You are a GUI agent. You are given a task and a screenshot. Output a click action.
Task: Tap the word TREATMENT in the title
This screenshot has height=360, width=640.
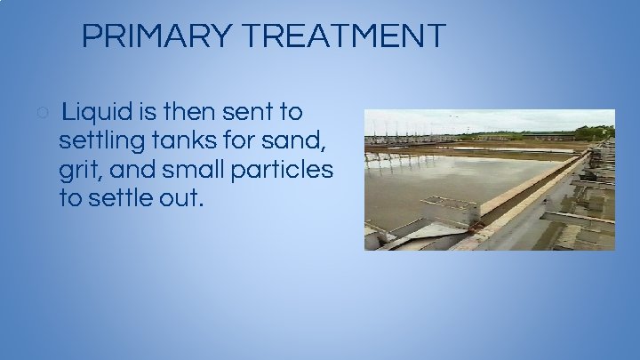pos(343,36)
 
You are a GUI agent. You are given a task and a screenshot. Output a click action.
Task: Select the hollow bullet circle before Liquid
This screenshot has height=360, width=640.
pos(43,113)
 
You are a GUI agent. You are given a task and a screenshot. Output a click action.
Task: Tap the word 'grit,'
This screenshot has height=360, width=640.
pos(80,170)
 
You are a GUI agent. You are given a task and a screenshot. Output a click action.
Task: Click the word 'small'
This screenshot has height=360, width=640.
pos(192,169)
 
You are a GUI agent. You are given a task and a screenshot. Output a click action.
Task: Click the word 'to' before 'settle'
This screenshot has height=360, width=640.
pos(71,197)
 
